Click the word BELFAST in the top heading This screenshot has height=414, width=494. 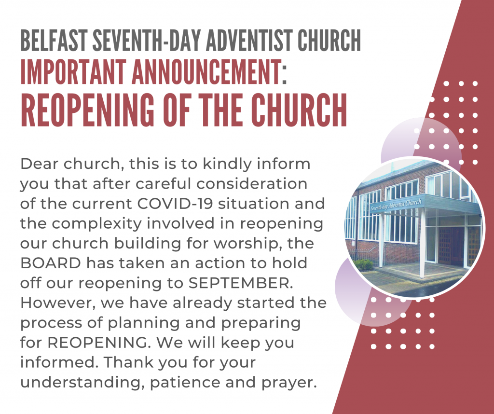(x=54, y=40)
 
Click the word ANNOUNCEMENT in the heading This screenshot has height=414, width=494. (x=206, y=72)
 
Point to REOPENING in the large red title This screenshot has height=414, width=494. (x=88, y=110)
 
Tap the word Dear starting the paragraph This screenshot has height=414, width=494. (x=40, y=164)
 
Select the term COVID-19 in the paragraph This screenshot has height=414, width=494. (x=175, y=204)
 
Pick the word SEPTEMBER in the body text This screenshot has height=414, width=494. (x=240, y=283)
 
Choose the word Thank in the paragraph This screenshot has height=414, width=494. (x=128, y=362)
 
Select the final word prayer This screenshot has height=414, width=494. (x=289, y=383)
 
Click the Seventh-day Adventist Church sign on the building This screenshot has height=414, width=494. (x=396, y=205)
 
